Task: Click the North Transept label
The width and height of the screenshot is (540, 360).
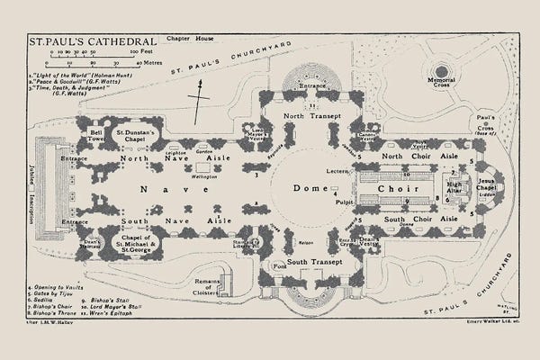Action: (309, 117)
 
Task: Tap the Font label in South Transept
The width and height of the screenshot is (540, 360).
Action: (280, 266)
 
